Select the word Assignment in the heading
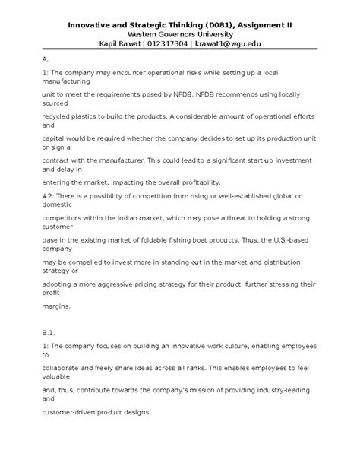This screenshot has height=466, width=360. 266,24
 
